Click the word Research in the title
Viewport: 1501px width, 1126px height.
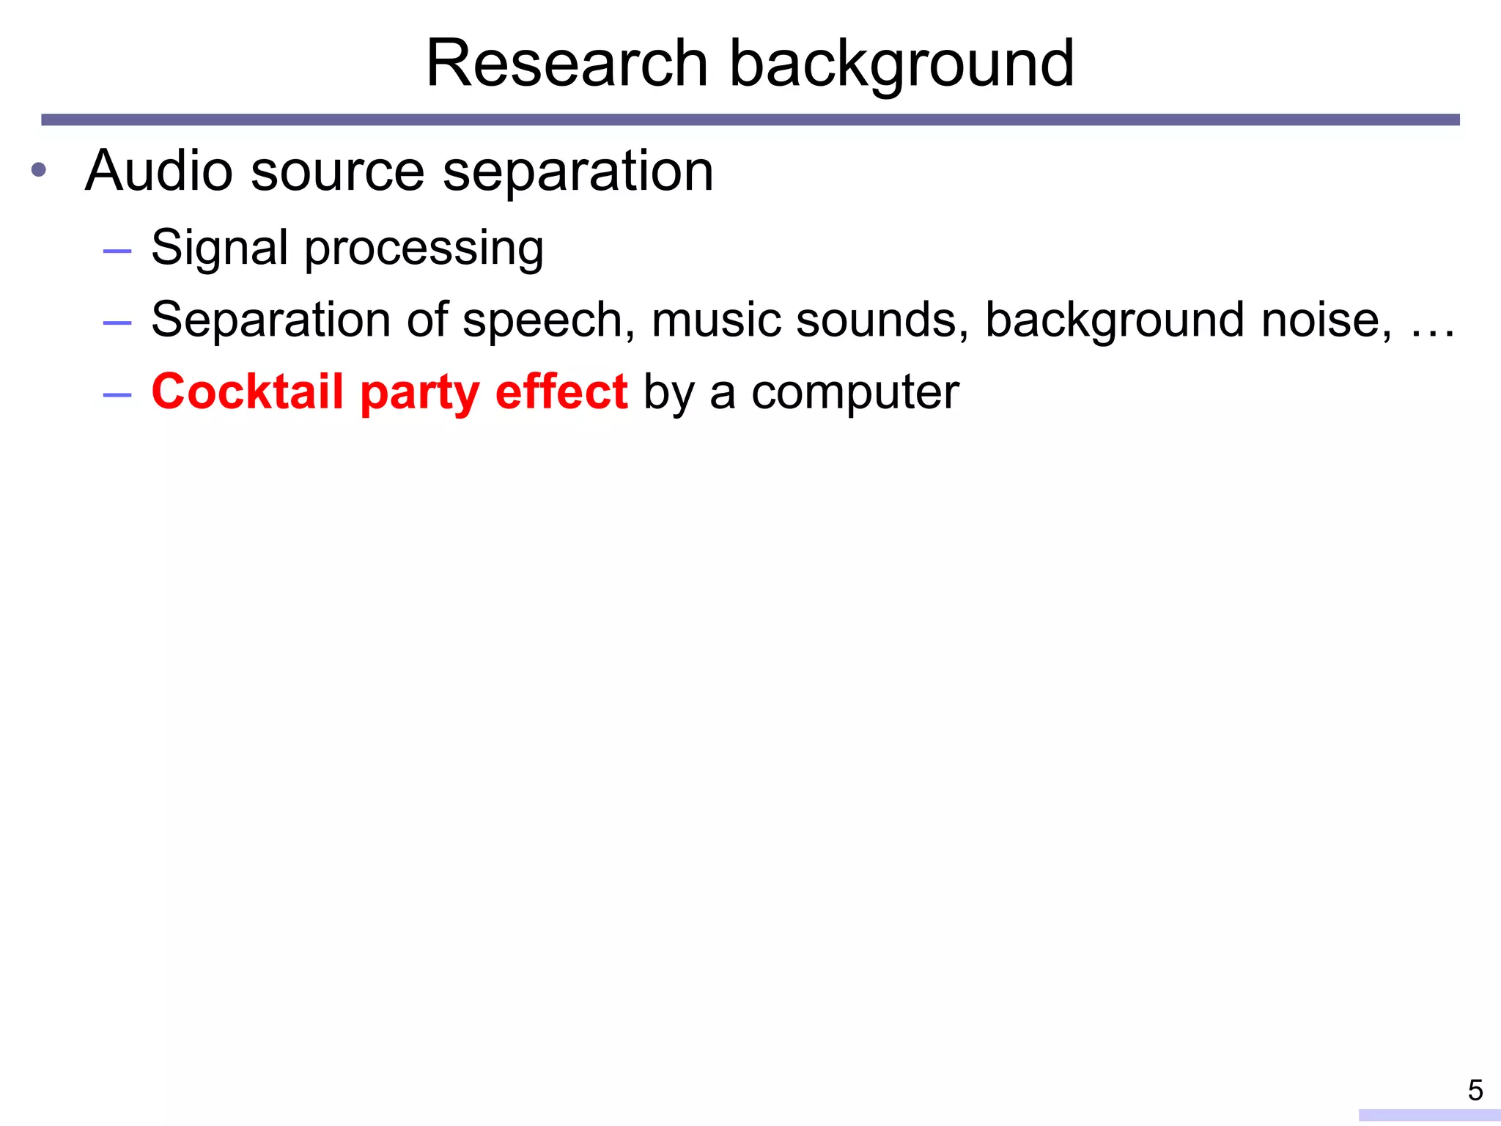567,64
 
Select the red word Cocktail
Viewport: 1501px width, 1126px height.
247,391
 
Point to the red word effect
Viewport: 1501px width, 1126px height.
561,391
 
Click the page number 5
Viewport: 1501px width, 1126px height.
1475,1091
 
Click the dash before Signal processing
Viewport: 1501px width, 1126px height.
117,251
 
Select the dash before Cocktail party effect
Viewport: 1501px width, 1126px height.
117,395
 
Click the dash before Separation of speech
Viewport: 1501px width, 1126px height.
117,323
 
